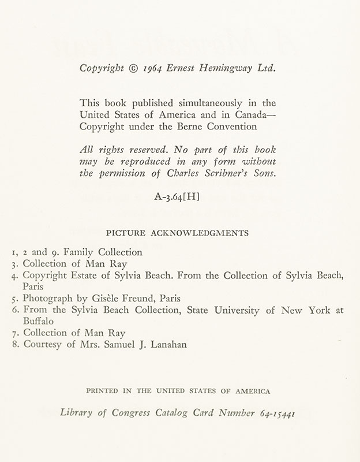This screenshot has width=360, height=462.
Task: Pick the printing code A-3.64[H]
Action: [177, 196]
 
